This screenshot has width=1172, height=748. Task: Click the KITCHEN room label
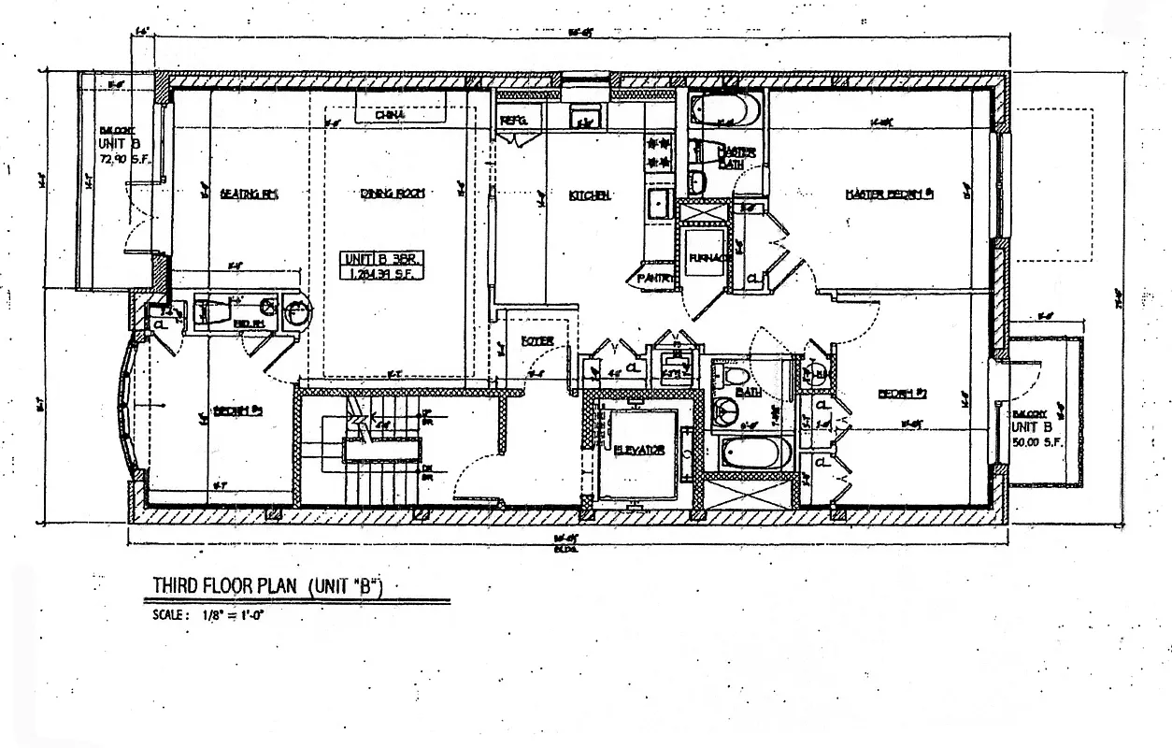590,195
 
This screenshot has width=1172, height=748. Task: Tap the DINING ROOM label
393,194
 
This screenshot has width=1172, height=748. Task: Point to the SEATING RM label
250,194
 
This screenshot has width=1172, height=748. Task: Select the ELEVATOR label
640,450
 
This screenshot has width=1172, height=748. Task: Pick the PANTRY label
655,278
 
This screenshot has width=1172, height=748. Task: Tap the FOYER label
538,340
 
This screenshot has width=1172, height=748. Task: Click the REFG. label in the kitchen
515,121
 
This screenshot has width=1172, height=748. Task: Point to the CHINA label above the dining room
390,114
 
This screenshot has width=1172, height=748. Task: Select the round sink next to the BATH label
725,410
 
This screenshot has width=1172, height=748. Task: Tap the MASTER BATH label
736,157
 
